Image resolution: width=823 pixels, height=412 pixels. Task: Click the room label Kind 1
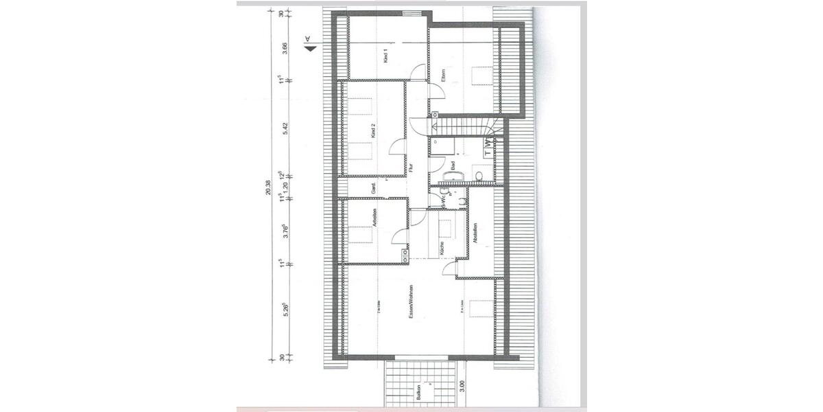pos(386,57)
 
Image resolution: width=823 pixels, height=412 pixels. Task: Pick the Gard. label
pos(374,187)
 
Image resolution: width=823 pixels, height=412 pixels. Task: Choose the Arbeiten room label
pos(374,218)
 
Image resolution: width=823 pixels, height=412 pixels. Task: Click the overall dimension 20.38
pos(270,187)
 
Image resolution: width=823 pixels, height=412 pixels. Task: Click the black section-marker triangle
pos(311,49)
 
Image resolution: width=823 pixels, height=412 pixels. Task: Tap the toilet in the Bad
pos(478,177)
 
